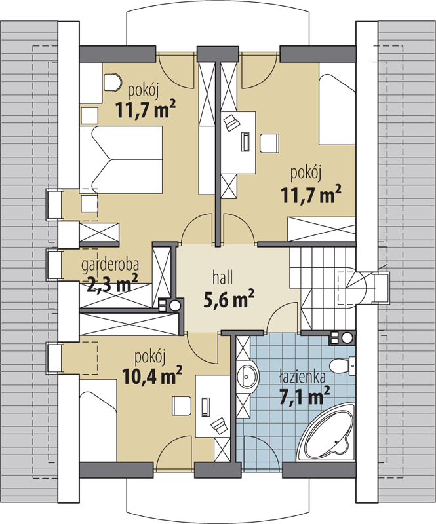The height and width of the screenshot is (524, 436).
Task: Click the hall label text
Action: [222, 278]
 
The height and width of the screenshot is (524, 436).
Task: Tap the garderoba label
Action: [110, 265]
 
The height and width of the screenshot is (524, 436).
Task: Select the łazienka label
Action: [302, 376]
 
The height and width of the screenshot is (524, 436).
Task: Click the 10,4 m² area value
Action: [152, 376]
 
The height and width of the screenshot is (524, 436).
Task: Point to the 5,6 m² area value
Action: [229, 299]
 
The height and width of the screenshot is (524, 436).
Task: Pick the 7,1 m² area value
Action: [304, 396]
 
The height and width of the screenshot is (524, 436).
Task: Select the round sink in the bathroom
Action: [248, 376]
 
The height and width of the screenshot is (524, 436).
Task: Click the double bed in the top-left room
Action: [121, 159]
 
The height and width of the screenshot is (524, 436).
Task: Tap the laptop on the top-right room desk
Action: [231, 122]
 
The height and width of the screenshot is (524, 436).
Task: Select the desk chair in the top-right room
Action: [269, 143]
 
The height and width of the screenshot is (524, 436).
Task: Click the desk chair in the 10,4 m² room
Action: [182, 405]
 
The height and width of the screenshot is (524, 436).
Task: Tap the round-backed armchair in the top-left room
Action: [112, 82]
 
